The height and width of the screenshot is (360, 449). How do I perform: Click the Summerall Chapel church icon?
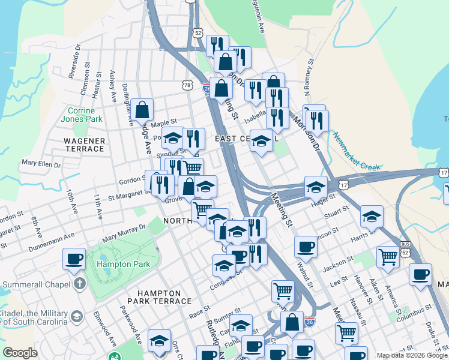[x=79, y=283]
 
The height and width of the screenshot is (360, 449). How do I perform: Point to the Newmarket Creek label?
[x=357, y=154]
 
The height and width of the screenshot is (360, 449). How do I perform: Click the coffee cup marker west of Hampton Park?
[x=74, y=259]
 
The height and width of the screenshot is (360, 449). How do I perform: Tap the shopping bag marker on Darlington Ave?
[x=143, y=109]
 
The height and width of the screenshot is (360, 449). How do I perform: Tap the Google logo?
[x=20, y=353]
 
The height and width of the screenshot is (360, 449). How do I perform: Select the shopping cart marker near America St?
[x=388, y=257]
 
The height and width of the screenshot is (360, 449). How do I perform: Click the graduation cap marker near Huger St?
[x=316, y=187]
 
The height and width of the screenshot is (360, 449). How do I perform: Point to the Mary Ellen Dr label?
[x=41, y=163]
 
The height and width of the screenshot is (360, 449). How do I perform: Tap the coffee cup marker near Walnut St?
[x=305, y=247]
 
